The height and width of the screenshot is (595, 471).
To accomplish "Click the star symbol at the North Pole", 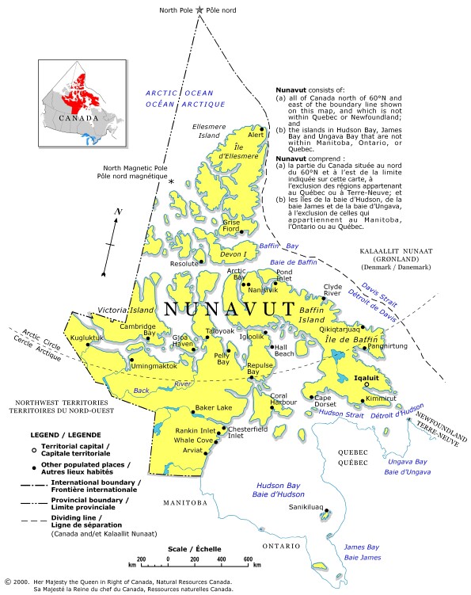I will [x=199, y=10].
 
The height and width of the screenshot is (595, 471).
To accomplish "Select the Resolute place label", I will [x=184, y=262].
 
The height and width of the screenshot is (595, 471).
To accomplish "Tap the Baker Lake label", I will [x=214, y=407].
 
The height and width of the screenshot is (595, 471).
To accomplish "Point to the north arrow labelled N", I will [x=117, y=212].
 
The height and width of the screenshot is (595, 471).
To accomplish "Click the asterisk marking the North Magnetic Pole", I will [x=170, y=183].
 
